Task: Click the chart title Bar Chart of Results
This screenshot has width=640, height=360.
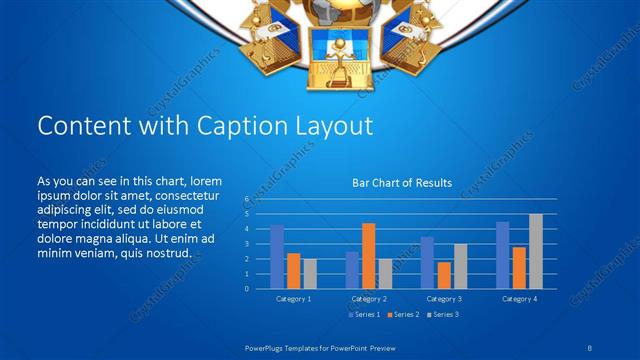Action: (402, 183)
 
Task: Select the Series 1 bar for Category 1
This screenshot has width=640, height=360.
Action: (277, 256)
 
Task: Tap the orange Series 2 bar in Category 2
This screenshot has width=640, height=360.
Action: (369, 255)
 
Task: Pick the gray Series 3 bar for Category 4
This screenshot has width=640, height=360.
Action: (536, 251)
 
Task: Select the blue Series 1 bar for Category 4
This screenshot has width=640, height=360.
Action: (502, 255)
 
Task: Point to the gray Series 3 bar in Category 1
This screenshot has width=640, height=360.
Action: (310, 273)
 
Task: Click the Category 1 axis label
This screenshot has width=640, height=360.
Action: (293, 299)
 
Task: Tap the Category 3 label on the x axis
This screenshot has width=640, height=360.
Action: (443, 299)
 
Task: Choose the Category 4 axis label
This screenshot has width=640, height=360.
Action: (518, 299)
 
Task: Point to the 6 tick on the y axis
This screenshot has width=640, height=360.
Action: (246, 199)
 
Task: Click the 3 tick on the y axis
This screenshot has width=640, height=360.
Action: (246, 244)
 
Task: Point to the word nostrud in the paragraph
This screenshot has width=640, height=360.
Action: (168, 253)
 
